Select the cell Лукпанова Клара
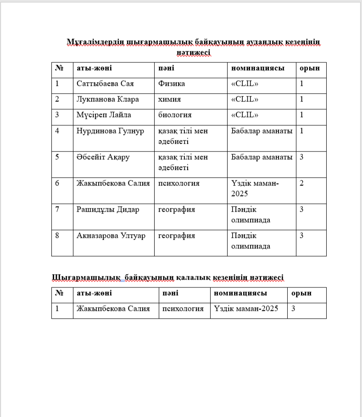pyautogui.click(x=107, y=99)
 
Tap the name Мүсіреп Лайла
pyautogui.click(x=104, y=115)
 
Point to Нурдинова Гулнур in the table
pyautogui.click(x=110, y=131)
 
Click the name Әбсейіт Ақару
pyautogui.click(x=103, y=157)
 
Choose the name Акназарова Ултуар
pyautogui.click(x=111, y=236)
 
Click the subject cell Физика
pyautogui.click(x=172, y=84)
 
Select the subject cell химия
pyautogui.click(x=169, y=99)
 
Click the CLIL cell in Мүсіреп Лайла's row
pyautogui.click(x=245, y=115)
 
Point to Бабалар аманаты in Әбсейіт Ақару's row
pyautogui.click(x=262, y=157)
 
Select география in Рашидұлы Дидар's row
pyautogui.click(x=177, y=209)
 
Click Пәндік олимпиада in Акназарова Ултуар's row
pyautogui.click(x=251, y=241)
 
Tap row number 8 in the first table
pyautogui.click(x=57, y=236)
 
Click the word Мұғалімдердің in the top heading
pyautogui.click(x=95, y=43)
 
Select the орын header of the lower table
pyautogui.click(x=301, y=293)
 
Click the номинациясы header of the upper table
pyautogui.click(x=257, y=68)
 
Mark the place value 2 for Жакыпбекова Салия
pyautogui.click(x=302, y=183)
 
